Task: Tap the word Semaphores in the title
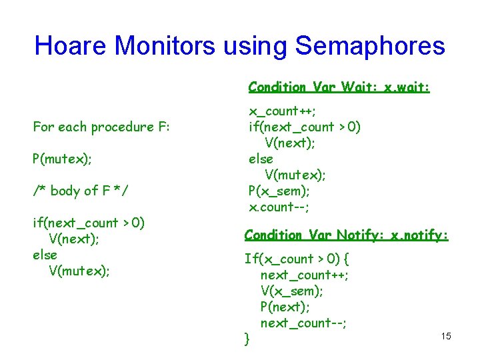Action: click(x=371, y=45)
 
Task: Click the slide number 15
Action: click(x=446, y=336)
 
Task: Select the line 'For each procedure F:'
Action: click(x=101, y=127)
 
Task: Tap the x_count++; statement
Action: click(x=283, y=111)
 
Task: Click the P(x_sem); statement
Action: click(x=280, y=191)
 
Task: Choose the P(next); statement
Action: click(x=287, y=307)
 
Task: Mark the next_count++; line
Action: click(x=305, y=275)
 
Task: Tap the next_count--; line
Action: click(x=303, y=323)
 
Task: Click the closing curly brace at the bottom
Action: click(x=247, y=339)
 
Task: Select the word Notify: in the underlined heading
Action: click(x=360, y=235)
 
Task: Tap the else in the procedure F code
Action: click(x=45, y=255)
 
